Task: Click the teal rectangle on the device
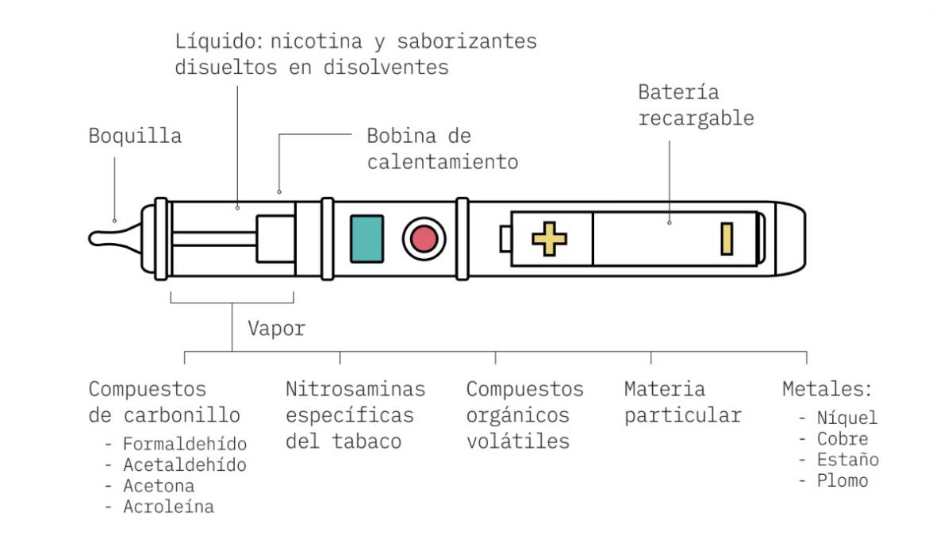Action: tap(367, 239)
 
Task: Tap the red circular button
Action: tap(424, 238)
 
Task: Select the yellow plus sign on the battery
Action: tap(549, 239)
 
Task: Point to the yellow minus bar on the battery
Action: tap(726, 239)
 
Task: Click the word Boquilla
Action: tap(135, 136)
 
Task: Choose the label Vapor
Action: tap(275, 329)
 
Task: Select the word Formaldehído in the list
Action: tap(185, 444)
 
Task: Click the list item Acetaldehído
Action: tap(185, 465)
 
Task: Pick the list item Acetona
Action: tap(159, 485)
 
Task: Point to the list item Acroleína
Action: tap(168, 507)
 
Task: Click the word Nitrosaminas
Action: tap(355, 389)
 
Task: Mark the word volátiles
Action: tap(517, 442)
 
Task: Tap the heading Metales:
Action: tap(827, 389)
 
